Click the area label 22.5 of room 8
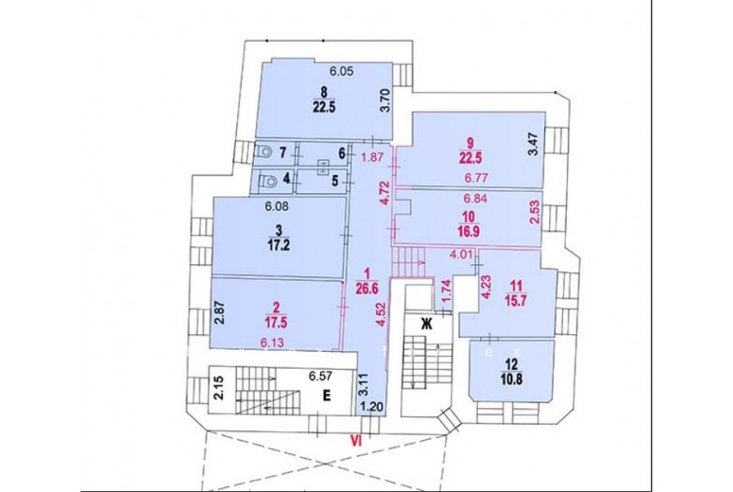coord(324,107)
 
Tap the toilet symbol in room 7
coord(265,152)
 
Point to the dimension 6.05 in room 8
coord(341,72)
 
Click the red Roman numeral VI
coord(358,440)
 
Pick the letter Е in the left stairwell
coord(327,396)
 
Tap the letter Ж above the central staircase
coord(426,323)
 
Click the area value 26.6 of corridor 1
coord(366,288)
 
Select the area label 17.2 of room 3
coord(279,245)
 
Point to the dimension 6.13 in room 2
coord(272,342)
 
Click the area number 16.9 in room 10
coord(468,231)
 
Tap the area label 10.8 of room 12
coord(511,378)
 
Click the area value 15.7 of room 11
coord(516,300)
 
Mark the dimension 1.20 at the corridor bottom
coord(372,407)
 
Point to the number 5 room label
coord(336,181)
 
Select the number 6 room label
coord(342,153)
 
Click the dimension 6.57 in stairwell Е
coord(320,376)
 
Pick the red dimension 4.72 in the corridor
coord(384,193)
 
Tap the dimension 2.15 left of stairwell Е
coord(219,389)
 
